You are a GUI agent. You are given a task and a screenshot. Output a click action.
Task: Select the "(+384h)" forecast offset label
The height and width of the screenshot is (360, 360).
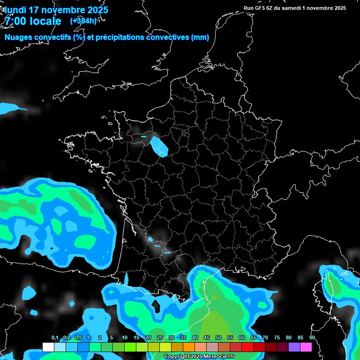click(x=83, y=21)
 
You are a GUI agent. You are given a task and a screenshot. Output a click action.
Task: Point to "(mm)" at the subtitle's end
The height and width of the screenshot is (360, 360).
click(x=200, y=37)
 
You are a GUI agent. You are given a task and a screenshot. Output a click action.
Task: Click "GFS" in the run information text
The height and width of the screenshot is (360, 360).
click(x=260, y=8)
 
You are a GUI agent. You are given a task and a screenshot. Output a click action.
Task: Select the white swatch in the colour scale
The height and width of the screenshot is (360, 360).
click(x=48, y=347)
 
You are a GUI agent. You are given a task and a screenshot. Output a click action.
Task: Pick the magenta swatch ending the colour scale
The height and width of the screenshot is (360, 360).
click(x=306, y=347)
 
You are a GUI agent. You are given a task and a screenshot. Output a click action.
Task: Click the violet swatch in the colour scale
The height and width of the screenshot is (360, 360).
click(x=294, y=347)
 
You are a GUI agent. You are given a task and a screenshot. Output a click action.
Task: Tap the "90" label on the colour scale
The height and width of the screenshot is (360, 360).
click(x=312, y=337)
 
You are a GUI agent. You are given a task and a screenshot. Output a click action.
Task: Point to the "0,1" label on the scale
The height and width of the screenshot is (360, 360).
click(x=55, y=337)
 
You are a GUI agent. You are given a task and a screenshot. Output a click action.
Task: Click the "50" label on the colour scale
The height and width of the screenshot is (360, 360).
click(x=218, y=337)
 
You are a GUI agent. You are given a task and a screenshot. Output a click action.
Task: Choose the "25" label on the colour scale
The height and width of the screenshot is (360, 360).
click(x=160, y=337)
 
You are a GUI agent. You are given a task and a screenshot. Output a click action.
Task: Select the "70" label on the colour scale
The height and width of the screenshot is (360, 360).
click(x=265, y=337)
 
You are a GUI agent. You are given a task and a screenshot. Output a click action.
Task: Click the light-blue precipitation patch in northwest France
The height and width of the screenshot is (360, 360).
click(x=161, y=146)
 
